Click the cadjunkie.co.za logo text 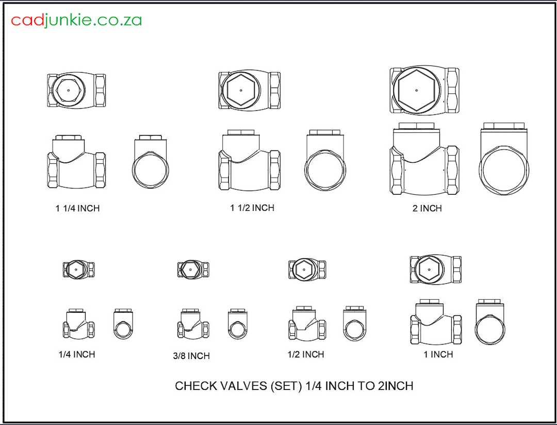(76, 20)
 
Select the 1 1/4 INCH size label (77, 209)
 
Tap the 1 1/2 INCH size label (252, 208)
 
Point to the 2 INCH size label (427, 209)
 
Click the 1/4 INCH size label (77, 354)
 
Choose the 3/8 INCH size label (191, 356)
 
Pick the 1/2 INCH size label (306, 354)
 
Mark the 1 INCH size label (438, 354)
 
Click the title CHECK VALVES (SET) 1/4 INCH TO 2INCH (294, 386)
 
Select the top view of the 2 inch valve (424, 91)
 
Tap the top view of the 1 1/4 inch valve (76, 91)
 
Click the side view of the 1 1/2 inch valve (250, 161)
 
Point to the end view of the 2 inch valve (504, 160)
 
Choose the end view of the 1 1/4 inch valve (151, 162)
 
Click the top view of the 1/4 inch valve (78, 269)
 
